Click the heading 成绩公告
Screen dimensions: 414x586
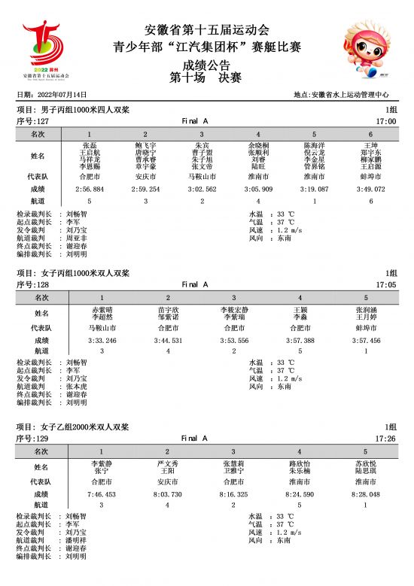click(x=206, y=65)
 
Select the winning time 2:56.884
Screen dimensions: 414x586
click(x=90, y=190)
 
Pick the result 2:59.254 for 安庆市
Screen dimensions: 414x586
click(x=145, y=190)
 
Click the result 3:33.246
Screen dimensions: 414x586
click(x=102, y=340)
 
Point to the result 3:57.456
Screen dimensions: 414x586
click(x=366, y=340)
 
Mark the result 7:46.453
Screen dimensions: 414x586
click(x=102, y=494)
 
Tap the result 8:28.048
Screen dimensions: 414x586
click(x=366, y=494)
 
